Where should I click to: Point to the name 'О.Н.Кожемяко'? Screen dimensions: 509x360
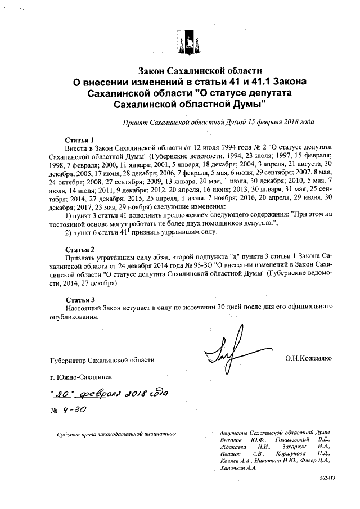[x=309, y=358]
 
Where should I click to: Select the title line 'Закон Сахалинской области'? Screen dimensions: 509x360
[x=201, y=71]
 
